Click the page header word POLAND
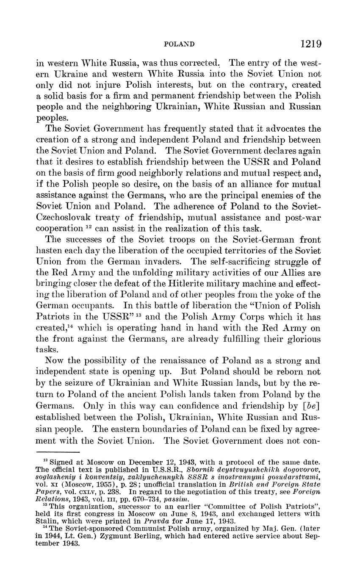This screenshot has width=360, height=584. tap(179, 44)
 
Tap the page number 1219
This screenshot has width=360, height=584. tap(310, 44)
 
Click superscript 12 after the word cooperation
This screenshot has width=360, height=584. tap(89, 227)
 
